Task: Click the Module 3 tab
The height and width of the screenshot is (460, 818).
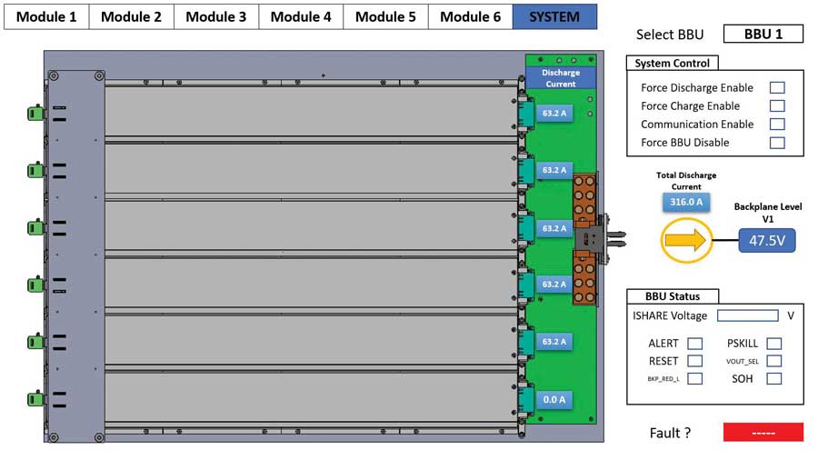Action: [216, 16]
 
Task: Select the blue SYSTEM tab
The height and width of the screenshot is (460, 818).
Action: [554, 16]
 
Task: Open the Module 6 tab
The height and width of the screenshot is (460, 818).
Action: [470, 16]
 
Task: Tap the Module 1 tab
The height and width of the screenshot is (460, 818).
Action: [46, 16]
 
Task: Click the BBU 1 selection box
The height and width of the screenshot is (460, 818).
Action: [763, 35]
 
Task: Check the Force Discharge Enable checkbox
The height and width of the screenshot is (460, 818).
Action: [777, 88]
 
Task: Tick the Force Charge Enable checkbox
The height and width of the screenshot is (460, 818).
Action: [777, 106]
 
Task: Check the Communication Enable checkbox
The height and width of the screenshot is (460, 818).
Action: [777, 125]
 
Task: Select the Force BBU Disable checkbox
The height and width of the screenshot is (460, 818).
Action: [777, 143]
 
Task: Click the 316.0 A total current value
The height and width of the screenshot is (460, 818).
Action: [687, 203]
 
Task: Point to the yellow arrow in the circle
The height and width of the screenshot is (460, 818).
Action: [685, 241]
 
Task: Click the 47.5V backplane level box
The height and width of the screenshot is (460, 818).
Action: [767, 241]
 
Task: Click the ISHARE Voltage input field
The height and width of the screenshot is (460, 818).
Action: [747, 316]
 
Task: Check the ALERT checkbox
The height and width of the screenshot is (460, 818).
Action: [694, 344]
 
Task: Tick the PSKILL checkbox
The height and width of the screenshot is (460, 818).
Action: [774, 344]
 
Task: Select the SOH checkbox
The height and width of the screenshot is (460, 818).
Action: [774, 379]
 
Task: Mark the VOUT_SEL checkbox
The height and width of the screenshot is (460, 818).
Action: [774, 361]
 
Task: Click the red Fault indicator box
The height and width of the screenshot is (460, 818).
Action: [763, 433]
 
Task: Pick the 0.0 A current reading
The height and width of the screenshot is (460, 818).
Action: [554, 399]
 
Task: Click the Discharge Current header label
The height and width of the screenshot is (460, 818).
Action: [560, 78]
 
